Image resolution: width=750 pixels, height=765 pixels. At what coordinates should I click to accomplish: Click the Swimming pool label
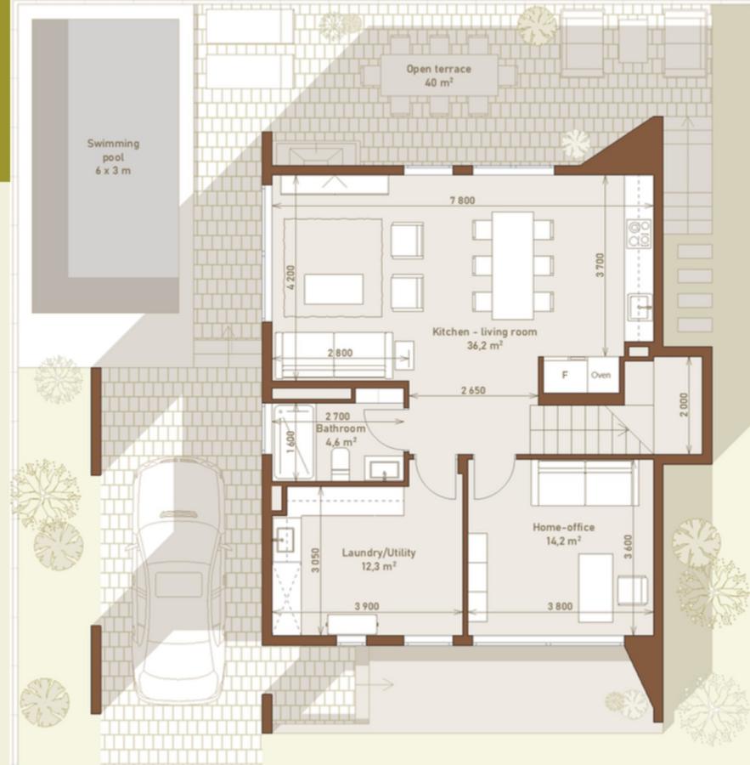(113, 156)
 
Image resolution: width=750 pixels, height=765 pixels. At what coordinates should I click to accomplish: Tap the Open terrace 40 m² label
(439, 76)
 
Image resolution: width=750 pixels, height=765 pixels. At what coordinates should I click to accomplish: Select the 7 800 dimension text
(461, 201)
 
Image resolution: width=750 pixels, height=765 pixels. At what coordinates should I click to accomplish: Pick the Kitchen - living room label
(484, 338)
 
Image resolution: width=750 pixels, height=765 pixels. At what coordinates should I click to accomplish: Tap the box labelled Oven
(601, 375)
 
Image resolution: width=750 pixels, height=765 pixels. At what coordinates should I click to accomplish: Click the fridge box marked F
(563, 375)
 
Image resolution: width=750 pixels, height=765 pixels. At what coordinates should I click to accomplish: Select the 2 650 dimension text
(473, 391)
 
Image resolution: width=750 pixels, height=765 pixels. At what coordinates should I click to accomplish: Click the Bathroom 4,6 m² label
(340, 434)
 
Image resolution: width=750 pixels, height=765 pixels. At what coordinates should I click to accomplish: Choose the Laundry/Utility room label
(379, 558)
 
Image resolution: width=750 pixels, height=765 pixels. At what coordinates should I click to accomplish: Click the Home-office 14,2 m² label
(563, 533)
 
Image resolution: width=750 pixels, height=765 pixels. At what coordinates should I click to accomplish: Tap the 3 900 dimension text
(366, 606)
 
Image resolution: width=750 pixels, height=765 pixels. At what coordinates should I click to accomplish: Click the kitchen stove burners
(638, 231)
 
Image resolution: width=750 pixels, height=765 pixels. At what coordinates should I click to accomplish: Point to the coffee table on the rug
(334, 288)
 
